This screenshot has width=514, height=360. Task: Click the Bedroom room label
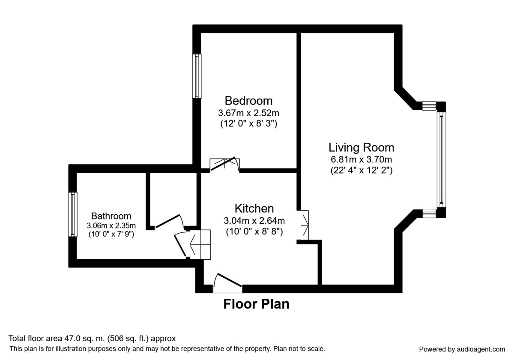248,101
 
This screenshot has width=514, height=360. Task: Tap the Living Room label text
361,147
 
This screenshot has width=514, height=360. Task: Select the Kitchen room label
254,208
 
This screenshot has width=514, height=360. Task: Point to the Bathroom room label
111,216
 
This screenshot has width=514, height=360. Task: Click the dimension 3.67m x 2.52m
248,114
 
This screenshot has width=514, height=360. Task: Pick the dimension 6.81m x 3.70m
361,160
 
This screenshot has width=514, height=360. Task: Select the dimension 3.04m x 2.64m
254,221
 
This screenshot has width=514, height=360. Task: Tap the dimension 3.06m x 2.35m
111,225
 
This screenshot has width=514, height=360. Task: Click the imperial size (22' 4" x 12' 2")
361,170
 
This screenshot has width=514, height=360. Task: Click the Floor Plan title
256,304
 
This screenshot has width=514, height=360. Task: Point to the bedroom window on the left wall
197,76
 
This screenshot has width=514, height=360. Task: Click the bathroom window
73,214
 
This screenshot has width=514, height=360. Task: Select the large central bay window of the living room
441,159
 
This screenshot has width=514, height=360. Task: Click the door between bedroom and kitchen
224,164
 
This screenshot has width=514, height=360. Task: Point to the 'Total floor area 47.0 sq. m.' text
92,338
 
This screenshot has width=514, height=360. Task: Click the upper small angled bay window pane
429,105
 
